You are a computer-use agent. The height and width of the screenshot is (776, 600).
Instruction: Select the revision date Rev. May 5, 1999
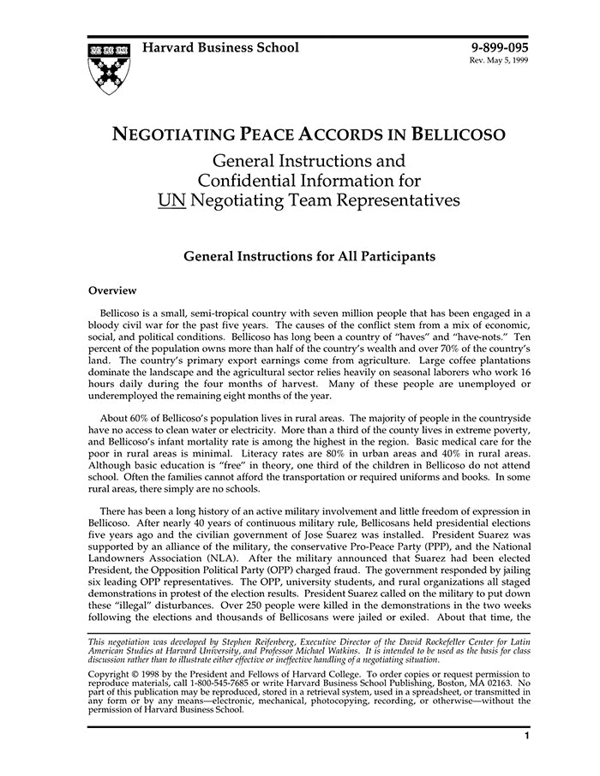(x=498, y=63)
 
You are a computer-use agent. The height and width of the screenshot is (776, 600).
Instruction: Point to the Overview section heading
(x=112, y=290)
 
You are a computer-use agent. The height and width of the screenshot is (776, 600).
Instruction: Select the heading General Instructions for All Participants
(x=309, y=255)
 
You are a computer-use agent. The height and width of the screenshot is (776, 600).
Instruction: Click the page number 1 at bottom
(x=526, y=736)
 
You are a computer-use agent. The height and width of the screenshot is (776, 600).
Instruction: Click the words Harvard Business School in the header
(x=220, y=47)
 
